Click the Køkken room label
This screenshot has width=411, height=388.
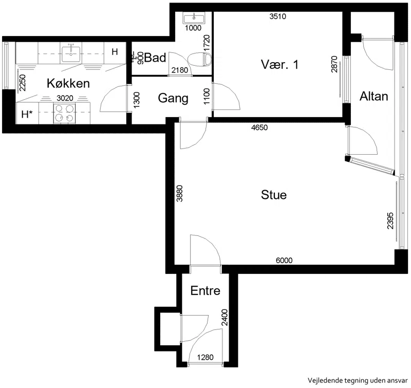[x=68, y=83]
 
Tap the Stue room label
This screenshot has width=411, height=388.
[x=274, y=195]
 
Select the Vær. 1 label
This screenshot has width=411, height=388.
[x=279, y=64]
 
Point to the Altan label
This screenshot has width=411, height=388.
[x=373, y=96]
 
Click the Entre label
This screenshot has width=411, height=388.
[x=205, y=290]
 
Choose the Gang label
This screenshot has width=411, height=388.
[x=173, y=98]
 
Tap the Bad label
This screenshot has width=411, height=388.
[x=155, y=58]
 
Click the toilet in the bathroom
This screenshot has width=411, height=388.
[x=200, y=59]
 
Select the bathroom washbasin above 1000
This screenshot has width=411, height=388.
[x=194, y=19]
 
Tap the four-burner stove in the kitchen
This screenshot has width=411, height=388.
[x=65, y=113]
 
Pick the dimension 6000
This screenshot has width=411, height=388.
[x=284, y=261]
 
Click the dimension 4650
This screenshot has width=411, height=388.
[x=259, y=127]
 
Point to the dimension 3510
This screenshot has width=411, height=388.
[x=278, y=16]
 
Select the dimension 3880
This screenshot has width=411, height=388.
[x=179, y=193]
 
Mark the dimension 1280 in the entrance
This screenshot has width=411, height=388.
[x=205, y=357]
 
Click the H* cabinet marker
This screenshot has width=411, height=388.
[x=27, y=114]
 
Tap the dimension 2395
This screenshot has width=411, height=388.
[x=390, y=221]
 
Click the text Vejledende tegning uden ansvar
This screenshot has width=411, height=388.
[x=358, y=380]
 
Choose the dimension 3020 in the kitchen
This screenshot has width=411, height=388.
[x=65, y=98]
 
